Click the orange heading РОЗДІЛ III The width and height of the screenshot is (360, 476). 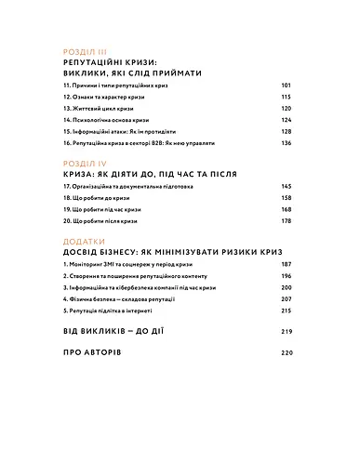click(x=88, y=53)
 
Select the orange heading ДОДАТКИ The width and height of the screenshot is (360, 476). click(x=87, y=240)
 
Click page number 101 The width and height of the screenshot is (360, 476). click(x=287, y=84)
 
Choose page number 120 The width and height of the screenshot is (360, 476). click(x=287, y=108)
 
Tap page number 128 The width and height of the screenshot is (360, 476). click(x=287, y=132)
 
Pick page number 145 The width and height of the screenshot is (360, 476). click(x=287, y=186)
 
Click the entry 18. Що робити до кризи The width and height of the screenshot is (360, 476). click(x=100, y=198)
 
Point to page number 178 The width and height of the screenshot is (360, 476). click(x=287, y=221)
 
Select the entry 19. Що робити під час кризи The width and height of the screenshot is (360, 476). click(x=106, y=210)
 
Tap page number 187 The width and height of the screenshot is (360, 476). click(x=287, y=266)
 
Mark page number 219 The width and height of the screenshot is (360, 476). click(x=287, y=332)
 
